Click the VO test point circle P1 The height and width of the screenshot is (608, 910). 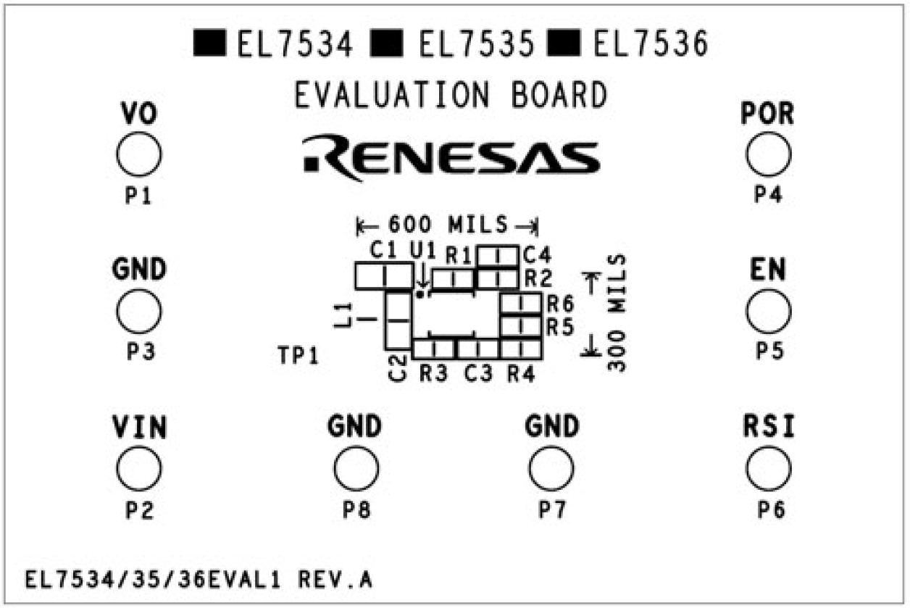138,155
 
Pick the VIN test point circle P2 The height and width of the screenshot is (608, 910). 139,468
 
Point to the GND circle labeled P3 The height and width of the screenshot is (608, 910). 138,311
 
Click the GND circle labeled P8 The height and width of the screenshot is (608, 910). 356,468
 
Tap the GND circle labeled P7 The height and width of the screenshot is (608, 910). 551,468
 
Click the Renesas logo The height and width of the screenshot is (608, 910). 451,155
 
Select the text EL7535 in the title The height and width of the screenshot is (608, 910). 476,46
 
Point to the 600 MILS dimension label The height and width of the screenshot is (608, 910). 447,225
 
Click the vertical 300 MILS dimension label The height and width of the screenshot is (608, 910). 617,313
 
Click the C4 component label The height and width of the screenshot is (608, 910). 537,255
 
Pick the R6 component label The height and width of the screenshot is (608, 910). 560,303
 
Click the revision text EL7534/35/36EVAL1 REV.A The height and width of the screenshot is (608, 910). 199,580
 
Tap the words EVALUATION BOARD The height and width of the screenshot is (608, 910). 450,96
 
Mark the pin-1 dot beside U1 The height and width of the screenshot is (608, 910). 419,294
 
